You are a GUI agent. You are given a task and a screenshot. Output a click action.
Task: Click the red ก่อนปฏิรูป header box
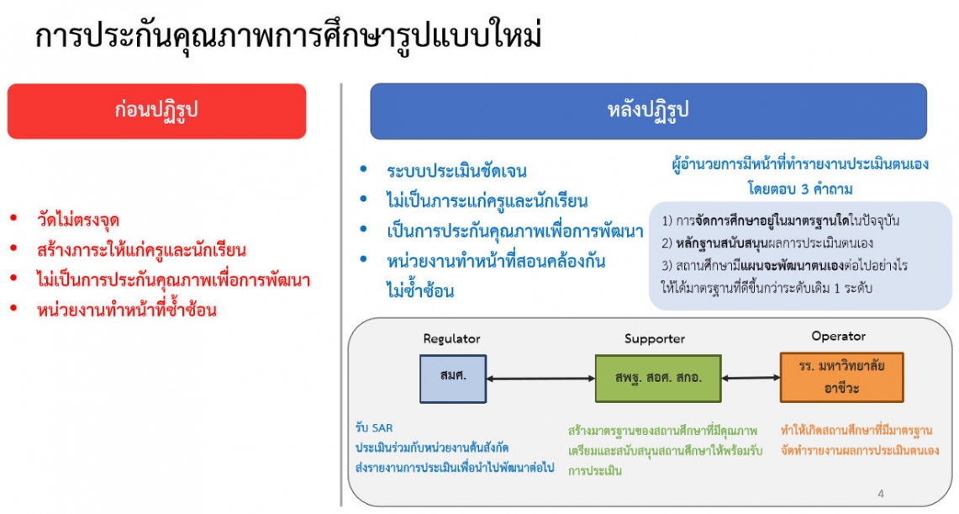156,111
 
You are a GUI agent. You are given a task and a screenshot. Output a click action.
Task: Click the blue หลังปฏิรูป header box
648,111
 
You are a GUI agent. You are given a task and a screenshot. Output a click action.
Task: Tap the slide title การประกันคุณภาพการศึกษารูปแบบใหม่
288,35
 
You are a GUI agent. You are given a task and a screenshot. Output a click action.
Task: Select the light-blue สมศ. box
453,379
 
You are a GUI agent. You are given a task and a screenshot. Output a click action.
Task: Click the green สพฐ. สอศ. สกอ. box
658,379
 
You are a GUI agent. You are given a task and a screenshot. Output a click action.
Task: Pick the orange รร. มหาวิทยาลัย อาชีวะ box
841,377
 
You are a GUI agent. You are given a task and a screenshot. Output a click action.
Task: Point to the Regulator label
452,339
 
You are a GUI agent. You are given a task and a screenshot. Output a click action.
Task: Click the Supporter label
655,338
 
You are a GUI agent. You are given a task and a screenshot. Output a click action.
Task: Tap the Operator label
839,336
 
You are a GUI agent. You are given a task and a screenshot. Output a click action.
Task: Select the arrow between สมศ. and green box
541,379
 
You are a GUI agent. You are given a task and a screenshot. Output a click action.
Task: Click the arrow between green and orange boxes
751,379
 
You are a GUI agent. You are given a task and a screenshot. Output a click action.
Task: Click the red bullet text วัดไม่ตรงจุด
77,220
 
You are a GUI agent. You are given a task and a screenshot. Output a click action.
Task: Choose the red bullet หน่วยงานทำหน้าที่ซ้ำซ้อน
127,310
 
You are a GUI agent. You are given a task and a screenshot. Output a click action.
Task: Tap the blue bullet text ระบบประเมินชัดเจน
456,171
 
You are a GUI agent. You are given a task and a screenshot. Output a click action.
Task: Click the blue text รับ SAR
374,428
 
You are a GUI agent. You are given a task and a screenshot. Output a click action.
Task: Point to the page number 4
881,493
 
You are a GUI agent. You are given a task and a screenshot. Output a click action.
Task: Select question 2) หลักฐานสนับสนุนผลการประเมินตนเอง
767,243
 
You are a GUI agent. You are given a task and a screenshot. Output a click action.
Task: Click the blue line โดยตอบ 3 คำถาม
800,188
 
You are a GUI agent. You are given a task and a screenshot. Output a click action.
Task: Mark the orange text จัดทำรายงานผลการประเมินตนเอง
859,451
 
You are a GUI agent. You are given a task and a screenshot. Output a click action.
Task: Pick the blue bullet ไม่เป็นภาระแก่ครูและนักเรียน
487,201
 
